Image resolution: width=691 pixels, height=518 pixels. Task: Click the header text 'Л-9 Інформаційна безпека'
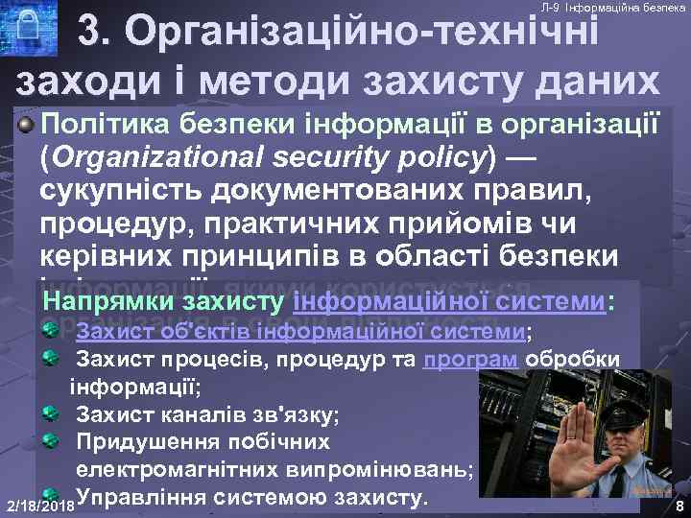click(612, 8)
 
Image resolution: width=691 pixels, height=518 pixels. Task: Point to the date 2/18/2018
click(38, 505)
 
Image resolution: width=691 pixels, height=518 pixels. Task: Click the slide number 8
click(679, 506)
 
